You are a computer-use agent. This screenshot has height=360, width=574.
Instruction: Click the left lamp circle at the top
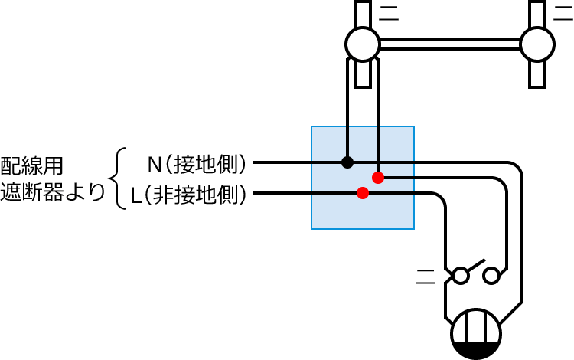pyautogui.click(x=362, y=44)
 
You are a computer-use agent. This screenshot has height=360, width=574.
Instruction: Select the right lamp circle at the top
pyautogui.click(x=537, y=44)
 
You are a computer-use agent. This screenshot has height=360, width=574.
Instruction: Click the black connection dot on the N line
pyautogui.click(x=347, y=162)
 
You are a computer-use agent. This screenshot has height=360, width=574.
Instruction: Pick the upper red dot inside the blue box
pyautogui.click(x=377, y=178)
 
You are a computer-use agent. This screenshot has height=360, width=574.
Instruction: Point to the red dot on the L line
pyautogui.click(x=363, y=193)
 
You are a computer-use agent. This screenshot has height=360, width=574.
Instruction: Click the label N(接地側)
pyautogui.click(x=197, y=163)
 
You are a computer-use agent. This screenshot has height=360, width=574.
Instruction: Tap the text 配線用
pyautogui.click(x=32, y=164)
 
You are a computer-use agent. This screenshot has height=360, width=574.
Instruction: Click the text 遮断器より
pyautogui.click(x=52, y=191)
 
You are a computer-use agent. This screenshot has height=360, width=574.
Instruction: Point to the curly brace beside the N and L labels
pyautogui.click(x=116, y=178)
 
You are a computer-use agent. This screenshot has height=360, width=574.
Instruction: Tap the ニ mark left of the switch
pyautogui.click(x=425, y=274)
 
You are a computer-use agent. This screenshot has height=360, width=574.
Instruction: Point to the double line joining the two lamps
pyautogui.click(x=449, y=44)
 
